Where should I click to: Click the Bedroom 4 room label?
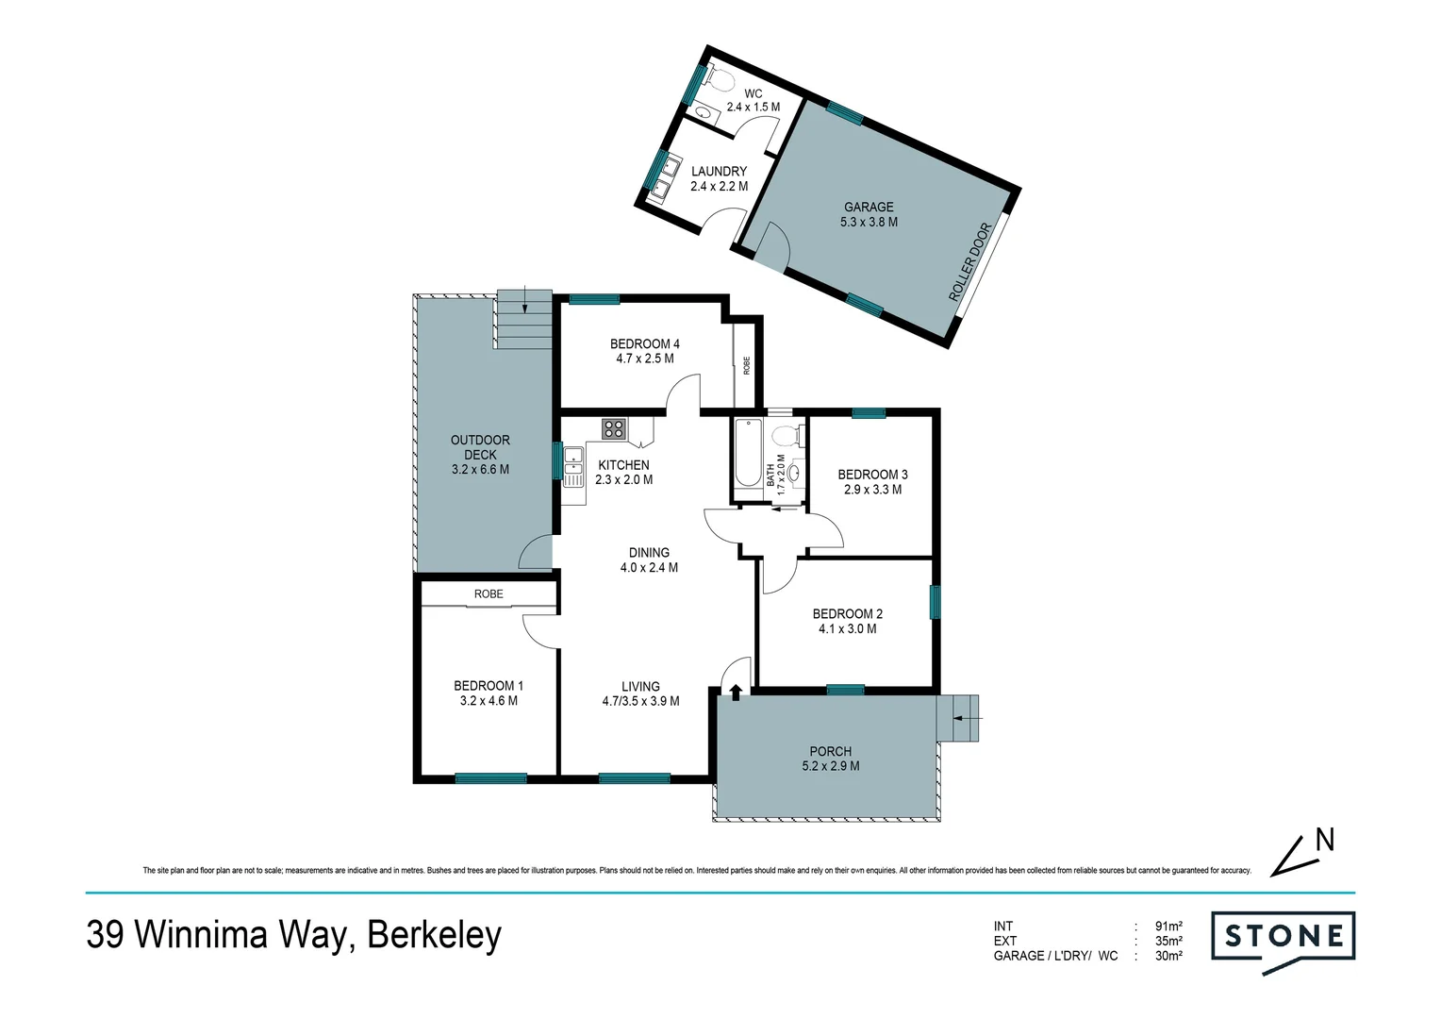tap(644, 344)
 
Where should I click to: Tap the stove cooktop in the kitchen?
tap(613, 429)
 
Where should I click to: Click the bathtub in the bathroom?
tap(747, 454)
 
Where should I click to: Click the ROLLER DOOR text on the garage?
tap(971, 262)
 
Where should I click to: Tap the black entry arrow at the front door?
tap(735, 693)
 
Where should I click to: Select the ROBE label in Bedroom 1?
tap(489, 594)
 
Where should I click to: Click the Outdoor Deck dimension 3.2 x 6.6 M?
tap(480, 469)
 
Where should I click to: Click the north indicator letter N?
tap(1324, 840)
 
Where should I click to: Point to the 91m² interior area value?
tap(1168, 927)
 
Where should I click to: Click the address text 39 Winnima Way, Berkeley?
tap(294, 935)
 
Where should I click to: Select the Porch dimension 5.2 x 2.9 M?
tap(830, 766)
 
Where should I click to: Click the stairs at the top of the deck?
tap(523, 318)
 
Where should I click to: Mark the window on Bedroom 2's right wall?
tap(935, 602)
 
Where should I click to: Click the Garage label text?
tap(868, 207)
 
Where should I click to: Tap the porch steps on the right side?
tap(959, 717)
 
